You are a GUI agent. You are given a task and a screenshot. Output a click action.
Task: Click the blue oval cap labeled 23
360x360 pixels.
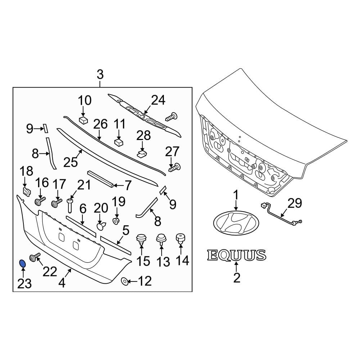22,264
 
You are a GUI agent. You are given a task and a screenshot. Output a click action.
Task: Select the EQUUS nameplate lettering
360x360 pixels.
237,255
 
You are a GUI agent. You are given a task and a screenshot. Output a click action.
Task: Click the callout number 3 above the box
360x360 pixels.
100,75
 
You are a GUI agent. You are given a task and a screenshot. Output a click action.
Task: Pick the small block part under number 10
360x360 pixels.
84,120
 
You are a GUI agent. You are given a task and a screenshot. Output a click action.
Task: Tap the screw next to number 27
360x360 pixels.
175,167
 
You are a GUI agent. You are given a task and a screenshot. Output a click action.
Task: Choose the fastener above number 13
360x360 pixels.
161,240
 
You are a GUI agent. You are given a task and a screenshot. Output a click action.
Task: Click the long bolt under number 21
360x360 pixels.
70,206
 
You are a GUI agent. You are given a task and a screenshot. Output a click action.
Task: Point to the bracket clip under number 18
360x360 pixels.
26,190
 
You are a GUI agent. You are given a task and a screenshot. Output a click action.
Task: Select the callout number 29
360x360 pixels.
294,204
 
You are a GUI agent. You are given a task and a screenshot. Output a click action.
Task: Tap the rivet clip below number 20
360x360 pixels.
102,226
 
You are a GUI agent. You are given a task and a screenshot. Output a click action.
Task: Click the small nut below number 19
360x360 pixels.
116,220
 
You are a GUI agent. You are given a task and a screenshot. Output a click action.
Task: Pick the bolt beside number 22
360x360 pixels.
35,257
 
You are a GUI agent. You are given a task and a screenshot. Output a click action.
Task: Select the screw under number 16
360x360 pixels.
40,200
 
